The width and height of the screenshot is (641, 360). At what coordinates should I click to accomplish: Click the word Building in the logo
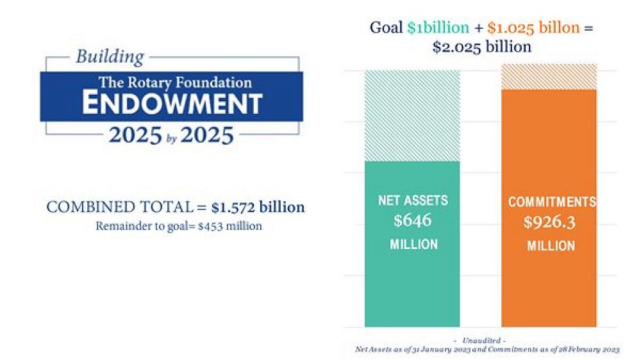(x=110, y=57)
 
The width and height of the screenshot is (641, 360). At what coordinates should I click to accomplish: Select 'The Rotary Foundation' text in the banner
(x=174, y=83)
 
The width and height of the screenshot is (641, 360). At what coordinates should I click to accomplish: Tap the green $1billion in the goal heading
(x=438, y=28)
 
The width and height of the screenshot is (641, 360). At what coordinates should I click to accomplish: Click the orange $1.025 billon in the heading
(x=535, y=28)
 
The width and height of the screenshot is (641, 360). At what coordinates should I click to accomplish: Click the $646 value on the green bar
(x=413, y=221)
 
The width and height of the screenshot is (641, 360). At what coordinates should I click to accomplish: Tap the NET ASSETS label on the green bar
(x=413, y=200)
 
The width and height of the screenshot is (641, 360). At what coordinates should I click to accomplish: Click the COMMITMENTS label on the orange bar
(x=552, y=202)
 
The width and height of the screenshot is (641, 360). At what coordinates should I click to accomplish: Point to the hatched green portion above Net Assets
(x=412, y=115)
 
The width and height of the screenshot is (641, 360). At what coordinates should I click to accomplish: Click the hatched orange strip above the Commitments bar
(x=549, y=76)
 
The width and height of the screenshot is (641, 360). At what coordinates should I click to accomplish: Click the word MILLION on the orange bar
(x=551, y=246)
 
